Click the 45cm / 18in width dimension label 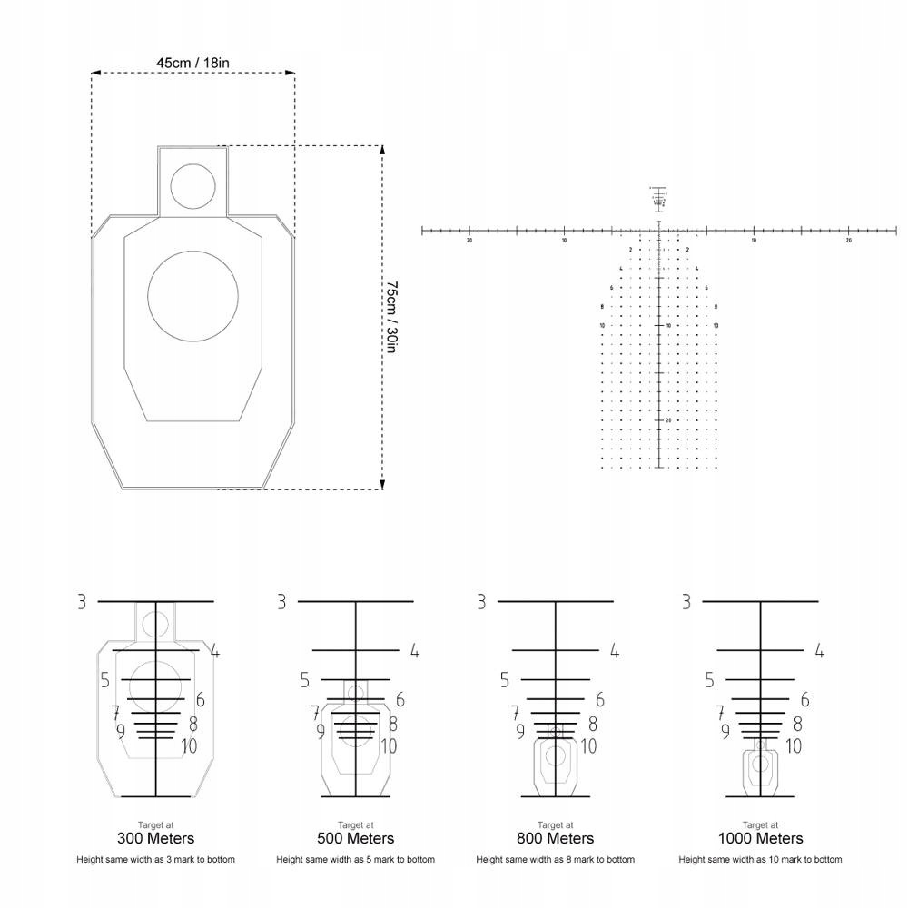click(192, 63)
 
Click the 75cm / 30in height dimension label click(391, 317)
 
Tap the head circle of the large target click(192, 185)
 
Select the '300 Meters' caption click(156, 838)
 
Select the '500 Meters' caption click(356, 838)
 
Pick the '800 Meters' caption click(556, 838)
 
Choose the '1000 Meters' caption click(761, 838)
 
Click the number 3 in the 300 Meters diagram click(82, 601)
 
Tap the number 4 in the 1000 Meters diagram click(819, 650)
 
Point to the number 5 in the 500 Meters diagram click(305, 680)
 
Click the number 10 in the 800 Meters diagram click(588, 746)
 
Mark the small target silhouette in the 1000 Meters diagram click(761, 767)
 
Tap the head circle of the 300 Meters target click(156, 624)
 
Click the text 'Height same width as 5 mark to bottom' click(356, 859)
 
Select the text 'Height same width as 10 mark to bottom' click(761, 859)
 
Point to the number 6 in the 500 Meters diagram click(400, 700)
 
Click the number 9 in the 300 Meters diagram click(120, 730)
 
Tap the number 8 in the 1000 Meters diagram click(797, 724)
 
